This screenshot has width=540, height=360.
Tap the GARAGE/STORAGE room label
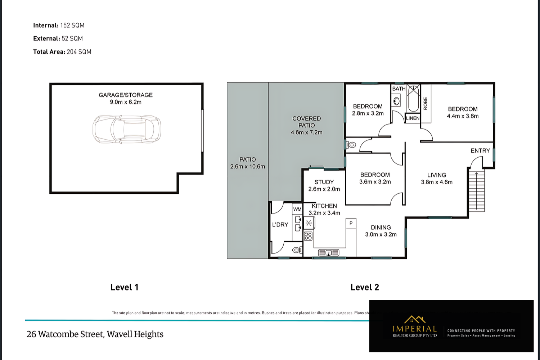point(126,95)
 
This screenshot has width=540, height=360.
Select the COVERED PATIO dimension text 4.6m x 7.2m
point(306,132)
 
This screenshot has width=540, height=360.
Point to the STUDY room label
point(324,182)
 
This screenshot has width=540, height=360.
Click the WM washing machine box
point(297,209)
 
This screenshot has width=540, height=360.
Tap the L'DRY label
point(280,225)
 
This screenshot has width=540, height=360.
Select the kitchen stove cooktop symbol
point(308,236)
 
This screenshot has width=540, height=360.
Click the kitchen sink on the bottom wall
point(328,253)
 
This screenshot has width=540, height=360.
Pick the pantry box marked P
point(351,224)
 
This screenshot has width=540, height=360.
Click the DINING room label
point(381,228)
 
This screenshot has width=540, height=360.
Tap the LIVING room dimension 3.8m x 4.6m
point(437,182)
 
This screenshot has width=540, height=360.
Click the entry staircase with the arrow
point(477,191)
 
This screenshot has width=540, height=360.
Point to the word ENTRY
point(480,150)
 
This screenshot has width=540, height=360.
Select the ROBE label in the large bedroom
point(426,104)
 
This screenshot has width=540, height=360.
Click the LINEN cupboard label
point(413,118)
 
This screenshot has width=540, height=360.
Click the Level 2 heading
point(364,287)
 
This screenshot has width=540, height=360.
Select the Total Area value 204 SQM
point(79,52)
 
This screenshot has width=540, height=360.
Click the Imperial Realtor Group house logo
point(415,320)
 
